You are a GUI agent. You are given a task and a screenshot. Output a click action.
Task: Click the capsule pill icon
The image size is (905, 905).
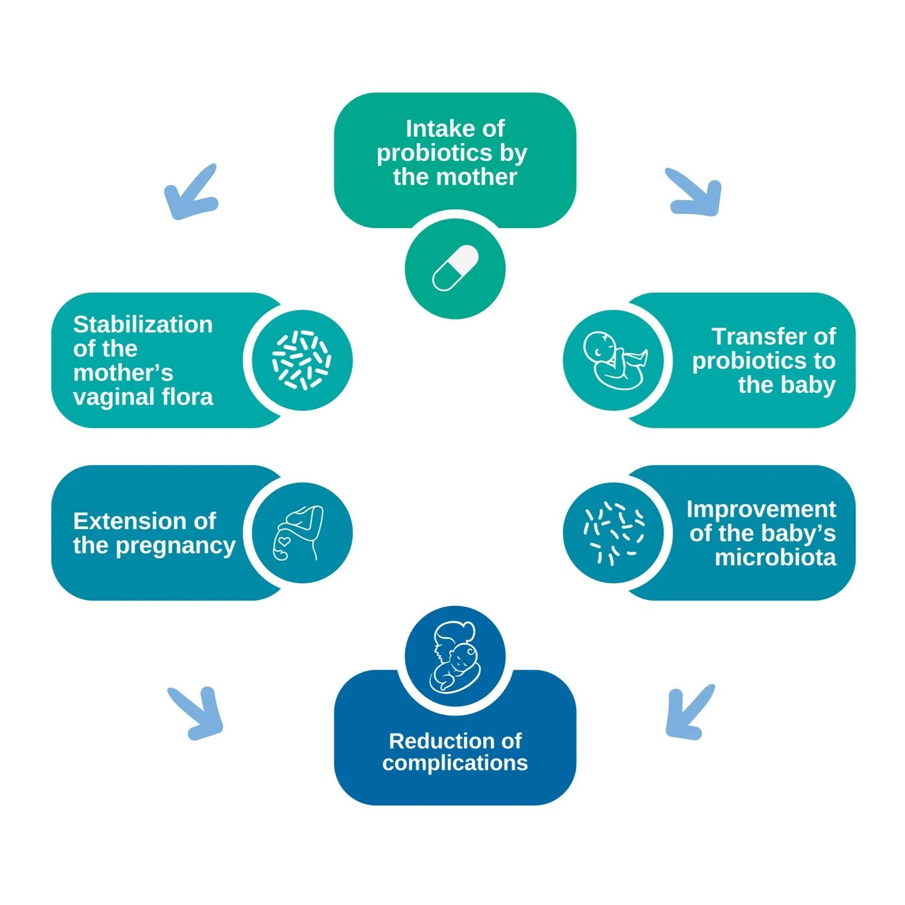point(455,268)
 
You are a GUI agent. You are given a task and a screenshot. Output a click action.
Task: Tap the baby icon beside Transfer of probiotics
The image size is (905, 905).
point(614,360)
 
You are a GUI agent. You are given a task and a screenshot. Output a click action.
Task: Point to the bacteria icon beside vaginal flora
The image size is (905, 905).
point(301,360)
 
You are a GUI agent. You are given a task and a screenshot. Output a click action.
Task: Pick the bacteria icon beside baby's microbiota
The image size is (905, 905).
point(614,533)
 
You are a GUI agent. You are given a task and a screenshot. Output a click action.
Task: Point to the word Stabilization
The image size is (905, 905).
point(143,325)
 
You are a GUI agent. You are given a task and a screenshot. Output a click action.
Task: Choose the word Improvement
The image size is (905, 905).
point(761,509)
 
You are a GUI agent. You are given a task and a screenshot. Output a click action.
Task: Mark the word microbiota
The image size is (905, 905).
point(775,557)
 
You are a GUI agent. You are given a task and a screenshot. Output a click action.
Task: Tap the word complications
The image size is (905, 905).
point(455,763)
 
